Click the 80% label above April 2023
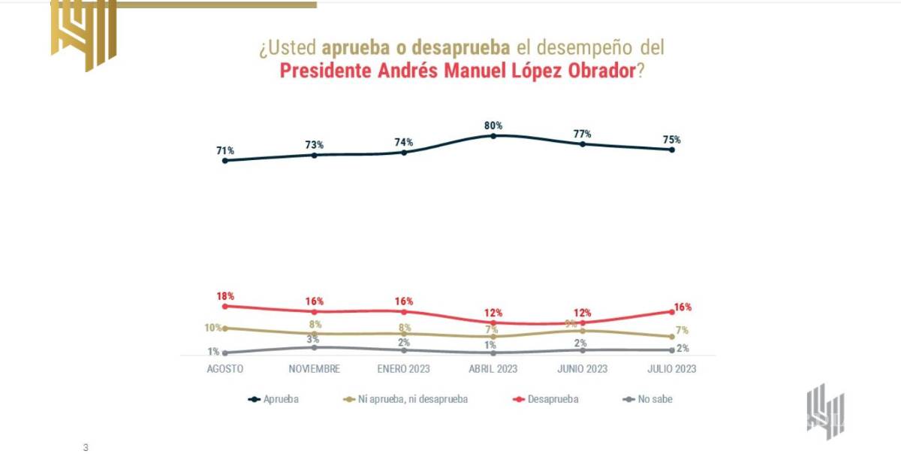pyautogui.click(x=493, y=126)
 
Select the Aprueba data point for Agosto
pyautogui.click(x=224, y=160)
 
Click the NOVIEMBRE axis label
pyautogui.click(x=315, y=369)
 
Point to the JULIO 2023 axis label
pyautogui.click(x=671, y=369)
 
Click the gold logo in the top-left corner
pyautogui.click(x=84, y=34)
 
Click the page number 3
pyautogui.click(x=86, y=447)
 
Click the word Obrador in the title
pyautogui.click(x=592, y=72)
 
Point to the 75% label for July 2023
pyautogui.click(x=671, y=140)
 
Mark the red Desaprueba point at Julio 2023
pyautogui.click(x=671, y=311)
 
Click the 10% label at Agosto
pyautogui.click(x=213, y=328)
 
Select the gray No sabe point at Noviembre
pyautogui.click(x=314, y=347)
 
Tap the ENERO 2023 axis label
pyautogui.click(x=404, y=369)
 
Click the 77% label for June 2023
pyautogui.click(x=583, y=134)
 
